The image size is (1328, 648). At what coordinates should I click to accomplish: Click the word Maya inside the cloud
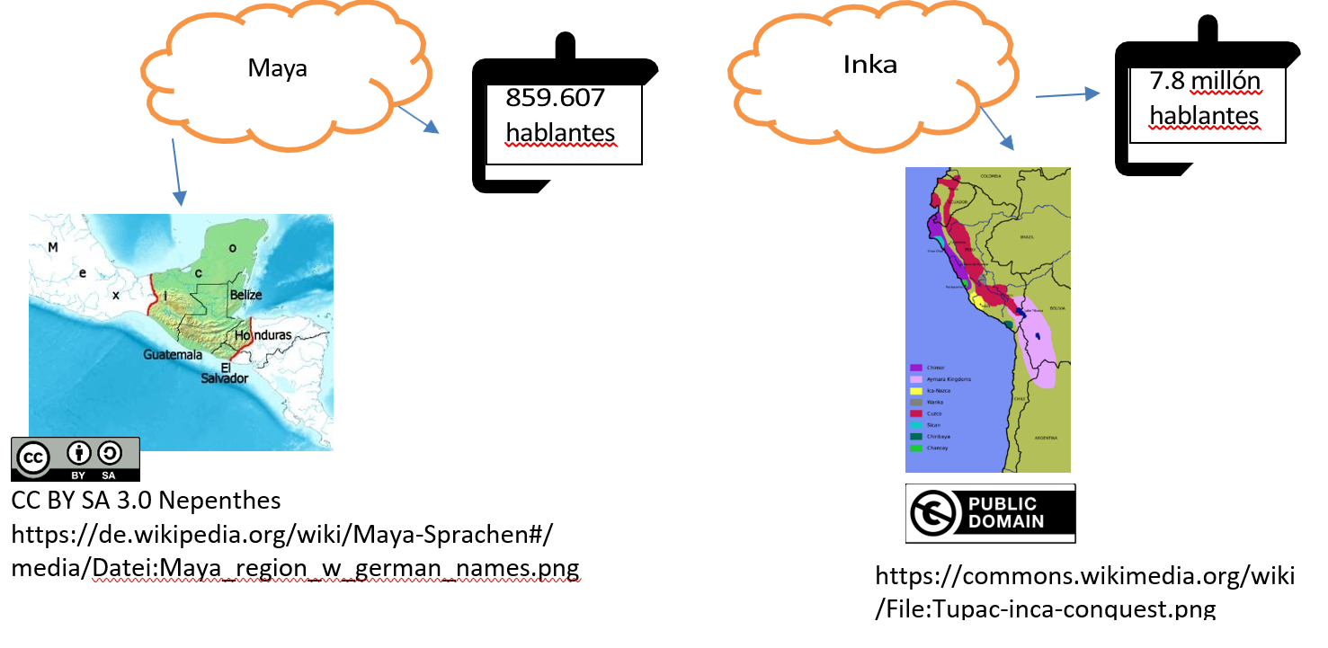(277, 68)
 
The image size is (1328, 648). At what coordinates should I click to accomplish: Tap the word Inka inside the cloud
(869, 65)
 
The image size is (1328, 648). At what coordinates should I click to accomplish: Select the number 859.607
(555, 98)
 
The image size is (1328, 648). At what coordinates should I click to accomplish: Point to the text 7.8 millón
(1205, 82)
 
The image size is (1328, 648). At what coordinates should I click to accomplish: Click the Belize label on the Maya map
(245, 295)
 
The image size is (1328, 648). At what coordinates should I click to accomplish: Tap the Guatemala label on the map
(173, 355)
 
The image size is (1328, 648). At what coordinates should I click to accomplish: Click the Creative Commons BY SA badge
(76, 458)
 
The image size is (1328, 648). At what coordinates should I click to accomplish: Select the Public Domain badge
(990, 513)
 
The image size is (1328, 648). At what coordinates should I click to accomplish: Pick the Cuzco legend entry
(932, 413)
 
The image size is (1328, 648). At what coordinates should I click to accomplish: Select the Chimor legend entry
(932, 368)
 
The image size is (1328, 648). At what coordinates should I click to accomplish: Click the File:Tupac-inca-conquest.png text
(1045, 609)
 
